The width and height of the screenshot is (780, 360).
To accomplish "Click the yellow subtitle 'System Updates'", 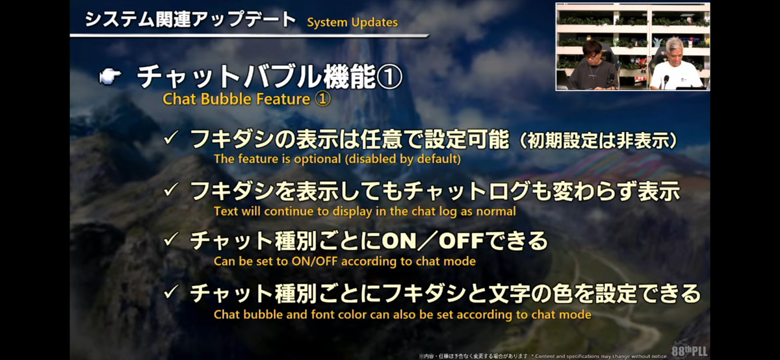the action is (352, 23).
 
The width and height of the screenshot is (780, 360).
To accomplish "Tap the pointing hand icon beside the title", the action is (110, 76).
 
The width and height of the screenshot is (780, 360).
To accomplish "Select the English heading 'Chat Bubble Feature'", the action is (237, 99).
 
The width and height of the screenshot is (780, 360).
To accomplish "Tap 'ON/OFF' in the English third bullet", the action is (315, 261).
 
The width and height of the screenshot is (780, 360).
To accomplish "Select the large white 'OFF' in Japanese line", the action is (461, 241).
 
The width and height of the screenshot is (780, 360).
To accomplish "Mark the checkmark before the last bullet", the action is (172, 292).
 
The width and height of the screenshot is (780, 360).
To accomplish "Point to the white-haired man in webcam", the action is (675, 64).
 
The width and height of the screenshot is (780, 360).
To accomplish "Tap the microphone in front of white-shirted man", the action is (666, 81).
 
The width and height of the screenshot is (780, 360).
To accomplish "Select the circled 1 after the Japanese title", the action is (389, 77).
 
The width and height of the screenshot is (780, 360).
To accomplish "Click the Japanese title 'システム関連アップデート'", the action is (190, 19).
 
